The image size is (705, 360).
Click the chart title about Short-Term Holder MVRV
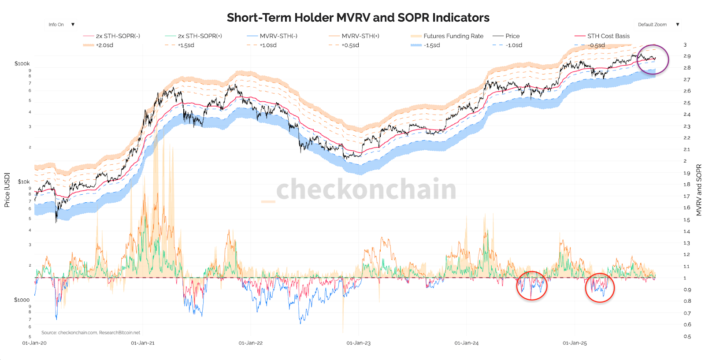point(358,18)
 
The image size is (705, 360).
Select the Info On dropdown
point(61,25)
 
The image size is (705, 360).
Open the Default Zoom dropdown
point(658,25)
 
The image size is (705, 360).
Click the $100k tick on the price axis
point(22,64)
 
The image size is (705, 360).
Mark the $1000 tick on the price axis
point(22,300)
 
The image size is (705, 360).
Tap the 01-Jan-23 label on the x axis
point(358,343)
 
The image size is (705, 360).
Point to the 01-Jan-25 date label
point(575,343)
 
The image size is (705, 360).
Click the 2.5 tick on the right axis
point(687,103)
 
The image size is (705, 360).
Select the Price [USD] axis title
point(7,190)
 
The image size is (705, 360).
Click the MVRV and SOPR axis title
point(699,190)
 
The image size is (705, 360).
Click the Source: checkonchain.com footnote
point(91,333)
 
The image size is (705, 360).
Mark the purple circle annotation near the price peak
point(653,59)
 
